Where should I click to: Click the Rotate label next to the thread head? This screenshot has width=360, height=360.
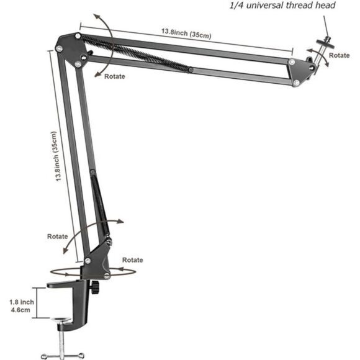tap(339, 55)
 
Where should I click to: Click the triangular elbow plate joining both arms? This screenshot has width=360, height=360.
tap(68, 50)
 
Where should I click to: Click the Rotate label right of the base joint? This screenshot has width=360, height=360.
tap(132, 259)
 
